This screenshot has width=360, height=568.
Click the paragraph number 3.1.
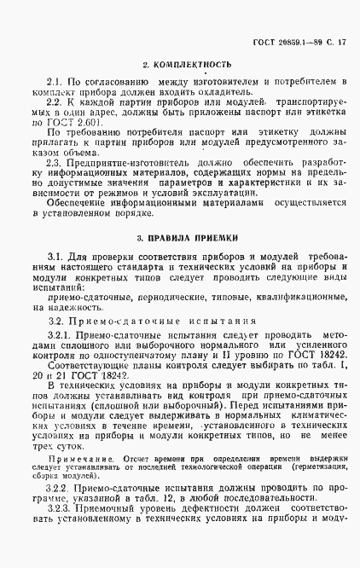point(57,256)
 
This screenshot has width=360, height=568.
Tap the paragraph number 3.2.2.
point(61,510)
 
